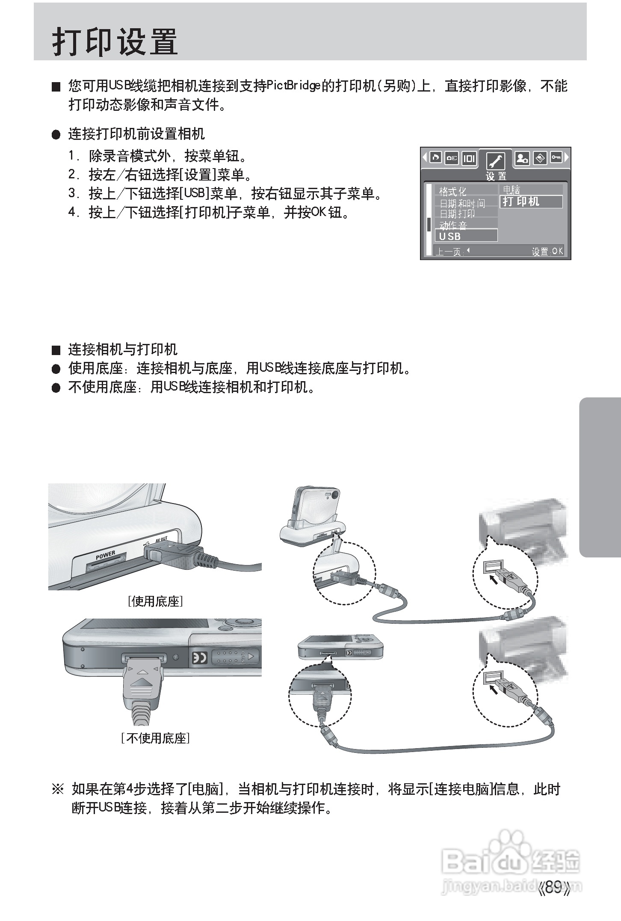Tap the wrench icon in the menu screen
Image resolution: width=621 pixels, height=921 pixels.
pyautogui.click(x=495, y=161)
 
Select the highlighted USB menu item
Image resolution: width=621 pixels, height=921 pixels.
pyautogui.click(x=465, y=236)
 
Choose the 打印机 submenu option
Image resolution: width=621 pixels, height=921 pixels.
pyautogui.click(x=530, y=201)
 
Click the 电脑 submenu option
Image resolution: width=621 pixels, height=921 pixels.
pyautogui.click(x=512, y=190)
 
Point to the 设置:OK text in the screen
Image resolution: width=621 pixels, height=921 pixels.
pyautogui.click(x=547, y=252)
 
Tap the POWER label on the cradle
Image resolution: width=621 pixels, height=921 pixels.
pyautogui.click(x=105, y=555)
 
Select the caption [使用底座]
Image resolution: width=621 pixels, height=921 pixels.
pyautogui.click(x=155, y=601)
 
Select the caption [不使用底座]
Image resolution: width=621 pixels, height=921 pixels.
pyautogui.click(x=155, y=738)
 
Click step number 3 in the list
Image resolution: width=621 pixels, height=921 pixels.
pyautogui.click(x=72, y=193)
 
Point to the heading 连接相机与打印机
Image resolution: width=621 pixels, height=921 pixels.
pyautogui.click(x=122, y=349)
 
